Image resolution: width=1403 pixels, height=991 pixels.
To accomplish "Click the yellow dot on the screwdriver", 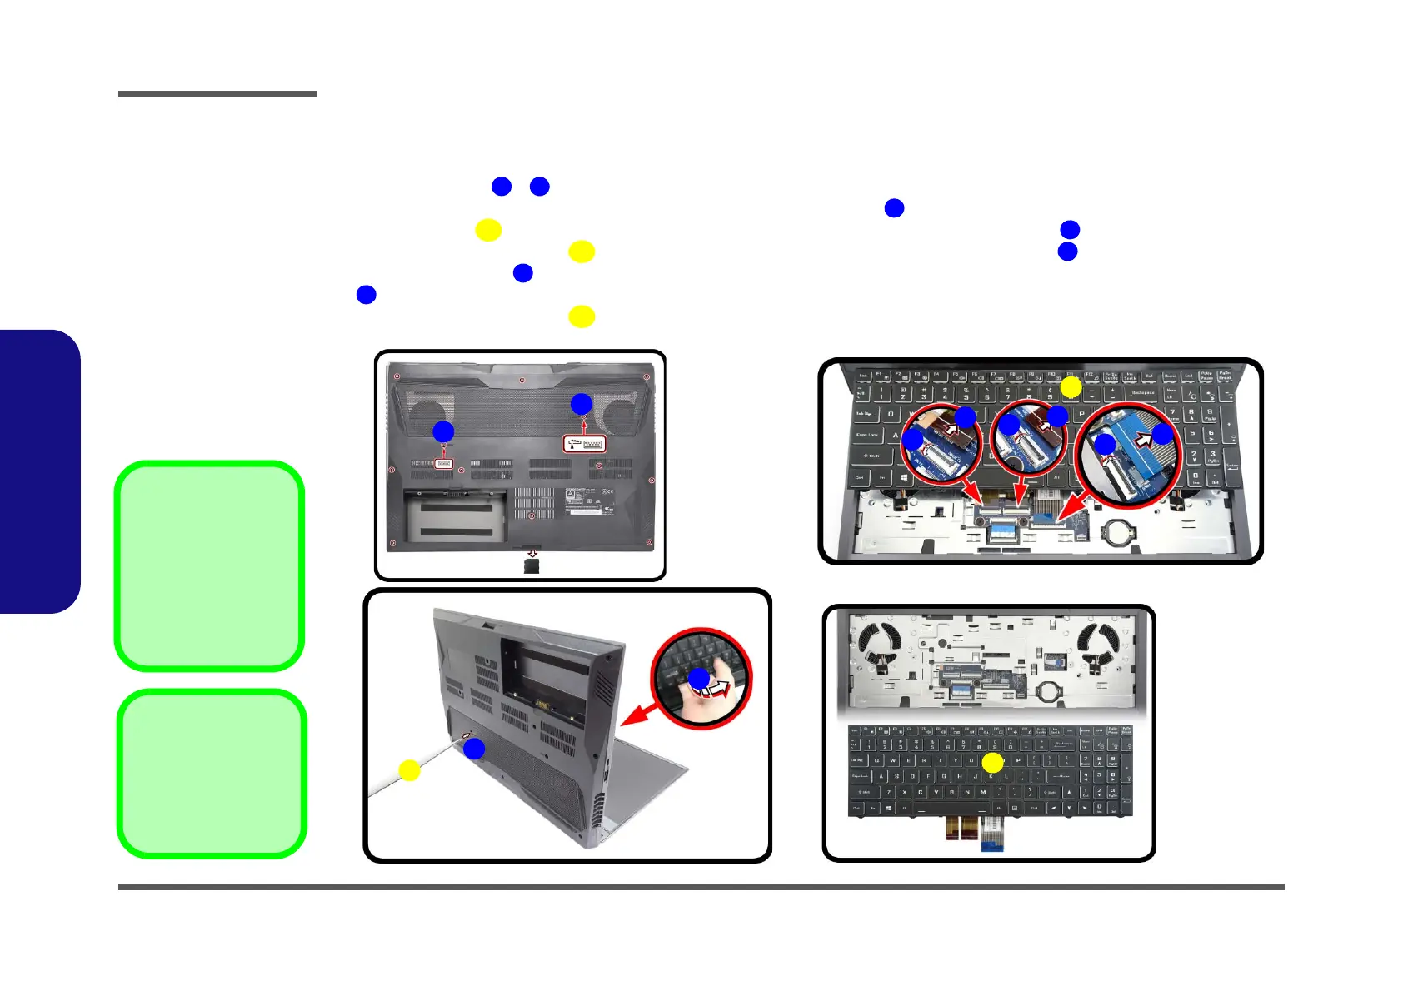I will click(x=409, y=770).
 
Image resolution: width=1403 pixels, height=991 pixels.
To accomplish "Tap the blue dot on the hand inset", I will click(x=699, y=678).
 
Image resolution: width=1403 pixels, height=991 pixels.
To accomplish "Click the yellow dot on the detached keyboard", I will click(x=992, y=763).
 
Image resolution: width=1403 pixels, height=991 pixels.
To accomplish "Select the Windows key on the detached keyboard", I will click(x=890, y=808).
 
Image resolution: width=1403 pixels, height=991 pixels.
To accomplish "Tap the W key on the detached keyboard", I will click(x=893, y=760).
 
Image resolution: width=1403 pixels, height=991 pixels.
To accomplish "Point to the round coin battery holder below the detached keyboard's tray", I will click(x=1049, y=690).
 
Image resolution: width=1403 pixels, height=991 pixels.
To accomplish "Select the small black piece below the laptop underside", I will click(x=532, y=566).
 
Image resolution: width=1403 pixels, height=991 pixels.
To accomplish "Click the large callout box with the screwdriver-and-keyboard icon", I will click(x=584, y=444).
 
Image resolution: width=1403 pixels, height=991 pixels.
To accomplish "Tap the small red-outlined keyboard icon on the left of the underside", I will click(x=443, y=463).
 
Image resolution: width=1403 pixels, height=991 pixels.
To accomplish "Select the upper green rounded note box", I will click(x=209, y=565).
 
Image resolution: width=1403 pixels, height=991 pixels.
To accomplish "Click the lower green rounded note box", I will click(x=212, y=773).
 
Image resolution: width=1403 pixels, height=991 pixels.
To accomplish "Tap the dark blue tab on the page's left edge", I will click(x=39, y=471).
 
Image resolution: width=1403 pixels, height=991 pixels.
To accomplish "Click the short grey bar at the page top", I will click(x=217, y=94).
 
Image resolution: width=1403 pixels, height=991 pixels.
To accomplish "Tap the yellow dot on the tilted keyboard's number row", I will click(x=1071, y=387).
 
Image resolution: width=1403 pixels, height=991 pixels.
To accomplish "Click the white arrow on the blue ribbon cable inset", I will click(x=1144, y=439).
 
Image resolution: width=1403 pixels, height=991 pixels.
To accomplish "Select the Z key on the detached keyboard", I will click(x=889, y=792).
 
